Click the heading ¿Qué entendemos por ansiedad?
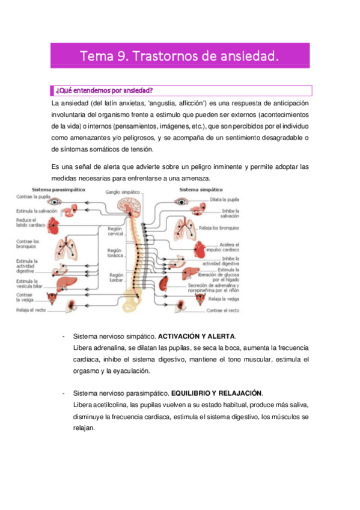103,91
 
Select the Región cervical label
115,232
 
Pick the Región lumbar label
117,277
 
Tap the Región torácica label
115,254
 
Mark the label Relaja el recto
31,310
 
